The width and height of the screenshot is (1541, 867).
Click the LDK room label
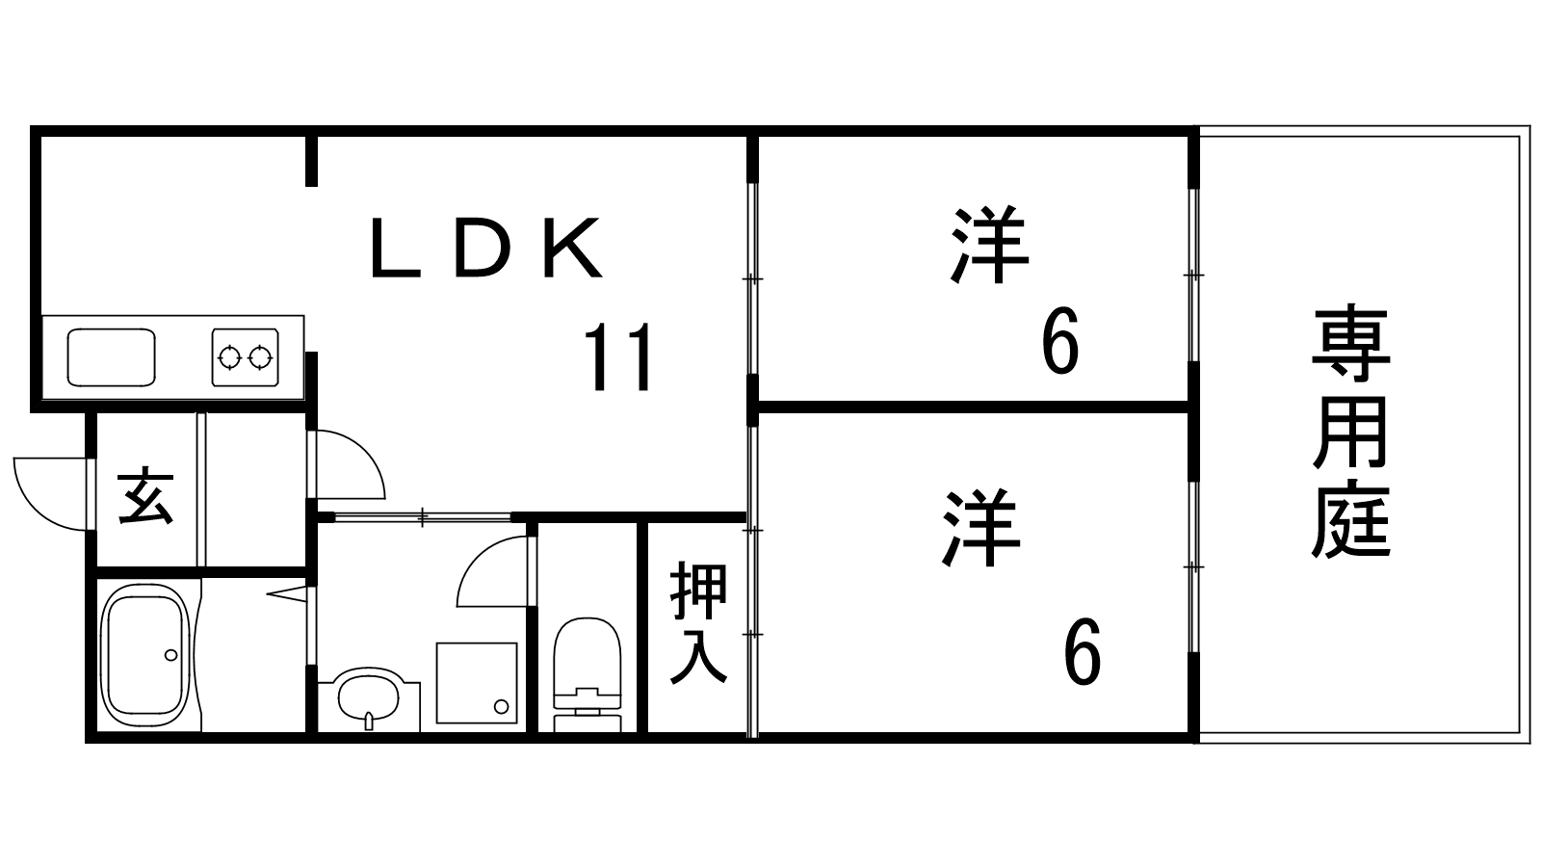click(x=486, y=250)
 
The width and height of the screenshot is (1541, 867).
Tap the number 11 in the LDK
click(x=619, y=357)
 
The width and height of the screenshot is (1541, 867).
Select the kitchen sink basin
click(x=111, y=357)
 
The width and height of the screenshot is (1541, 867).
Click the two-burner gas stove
click(x=245, y=357)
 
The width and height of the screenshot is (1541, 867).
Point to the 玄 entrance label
click(x=145, y=497)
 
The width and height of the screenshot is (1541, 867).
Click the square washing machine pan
click(x=476, y=682)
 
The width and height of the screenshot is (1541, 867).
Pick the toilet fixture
click(x=587, y=670)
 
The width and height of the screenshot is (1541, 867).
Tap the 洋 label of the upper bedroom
click(x=989, y=245)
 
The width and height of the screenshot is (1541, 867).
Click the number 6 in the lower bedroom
click(x=1082, y=652)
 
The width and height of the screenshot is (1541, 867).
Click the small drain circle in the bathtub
click(x=170, y=655)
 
